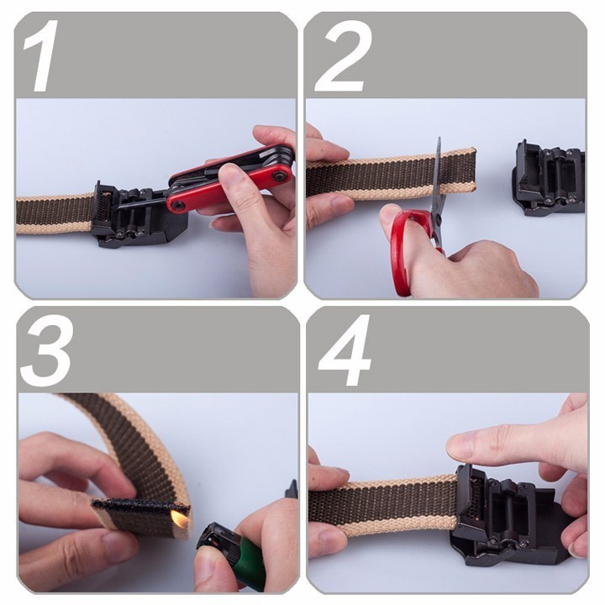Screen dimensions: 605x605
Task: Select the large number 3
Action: click(46, 350)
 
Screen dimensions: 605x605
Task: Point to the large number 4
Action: click(345, 350)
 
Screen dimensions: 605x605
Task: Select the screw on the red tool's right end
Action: click(279, 176)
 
